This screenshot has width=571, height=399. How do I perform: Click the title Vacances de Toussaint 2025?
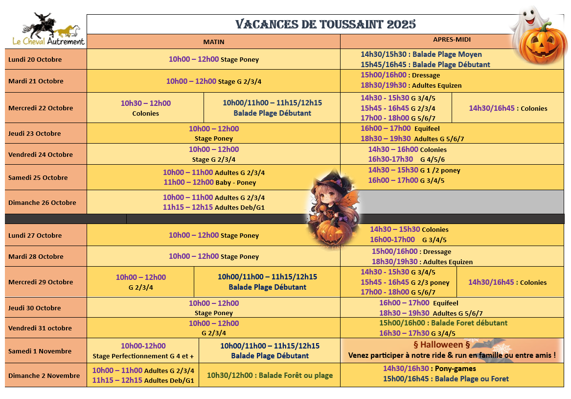pos(325,24)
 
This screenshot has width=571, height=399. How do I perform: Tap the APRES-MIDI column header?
pos(452,40)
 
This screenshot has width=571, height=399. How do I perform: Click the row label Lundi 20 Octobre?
pos(35,59)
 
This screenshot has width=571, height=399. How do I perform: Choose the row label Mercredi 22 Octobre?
pos(41,108)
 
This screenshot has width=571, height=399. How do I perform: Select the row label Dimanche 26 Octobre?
pos(42,202)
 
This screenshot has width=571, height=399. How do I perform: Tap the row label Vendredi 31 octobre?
pos(40,328)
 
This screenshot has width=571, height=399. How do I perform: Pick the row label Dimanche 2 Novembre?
pos(44,375)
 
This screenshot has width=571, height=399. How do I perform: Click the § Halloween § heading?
pos(438,345)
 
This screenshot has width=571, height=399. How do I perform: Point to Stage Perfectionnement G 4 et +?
pos(143,356)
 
